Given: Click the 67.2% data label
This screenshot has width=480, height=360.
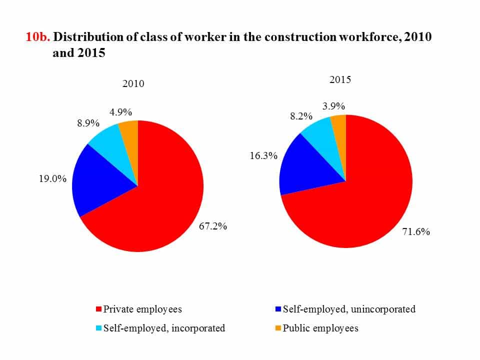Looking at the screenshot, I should [213, 226].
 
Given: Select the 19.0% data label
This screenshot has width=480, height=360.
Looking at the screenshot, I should [52, 178].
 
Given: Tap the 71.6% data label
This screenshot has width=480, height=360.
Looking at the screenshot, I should [416, 232].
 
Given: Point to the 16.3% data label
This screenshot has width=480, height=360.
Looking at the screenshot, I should [263, 156].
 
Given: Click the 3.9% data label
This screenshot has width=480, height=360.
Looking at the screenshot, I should [333, 106].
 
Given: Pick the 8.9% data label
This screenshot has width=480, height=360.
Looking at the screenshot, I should [88, 123].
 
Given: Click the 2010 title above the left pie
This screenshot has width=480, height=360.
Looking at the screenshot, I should [133, 83].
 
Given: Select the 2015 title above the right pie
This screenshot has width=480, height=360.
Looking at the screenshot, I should [340, 79].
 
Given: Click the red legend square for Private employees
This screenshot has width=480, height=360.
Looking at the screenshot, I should [98, 309].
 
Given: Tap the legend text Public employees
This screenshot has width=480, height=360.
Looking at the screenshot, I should [320, 328].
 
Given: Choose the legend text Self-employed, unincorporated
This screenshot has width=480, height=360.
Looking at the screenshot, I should [349, 309].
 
